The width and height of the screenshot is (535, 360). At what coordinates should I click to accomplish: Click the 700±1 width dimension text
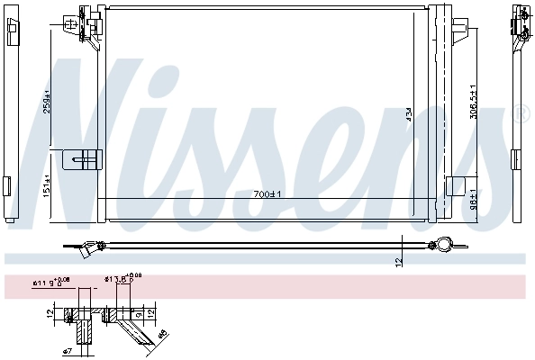[x=267, y=193]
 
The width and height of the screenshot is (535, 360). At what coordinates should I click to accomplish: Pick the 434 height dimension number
[x=407, y=114]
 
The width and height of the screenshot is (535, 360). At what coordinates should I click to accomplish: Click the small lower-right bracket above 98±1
[x=457, y=187]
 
